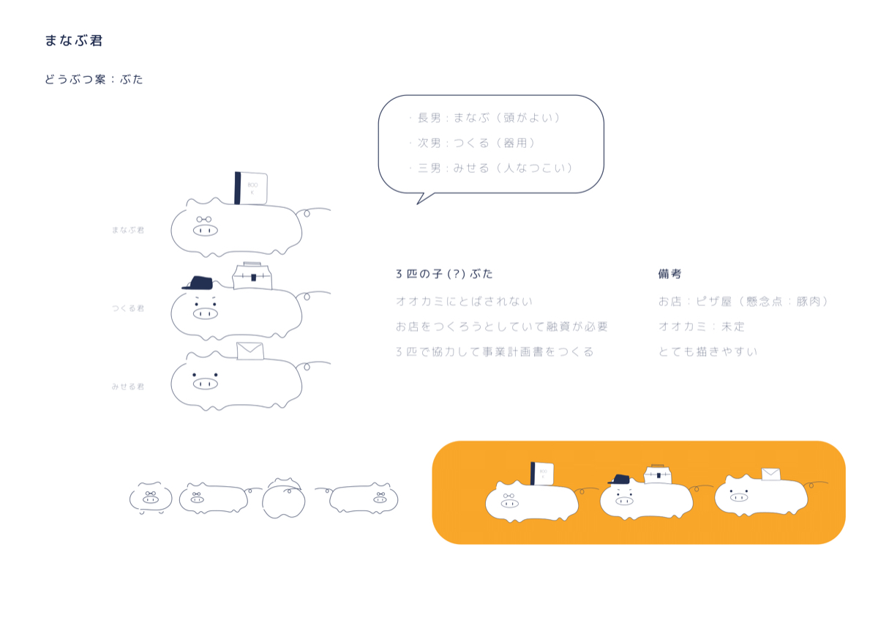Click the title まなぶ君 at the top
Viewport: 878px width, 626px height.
[x=74, y=40]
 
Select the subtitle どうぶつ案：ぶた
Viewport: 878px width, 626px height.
[x=94, y=79]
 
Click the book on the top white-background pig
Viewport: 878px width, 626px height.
[x=251, y=188]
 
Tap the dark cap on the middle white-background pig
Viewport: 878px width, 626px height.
[x=198, y=283]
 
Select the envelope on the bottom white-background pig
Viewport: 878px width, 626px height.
[x=250, y=351]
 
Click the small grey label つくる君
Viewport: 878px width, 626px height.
[x=128, y=308]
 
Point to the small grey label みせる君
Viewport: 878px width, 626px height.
[x=128, y=387]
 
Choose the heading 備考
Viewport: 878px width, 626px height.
[x=670, y=274]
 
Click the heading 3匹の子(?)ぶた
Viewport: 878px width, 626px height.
[x=444, y=274]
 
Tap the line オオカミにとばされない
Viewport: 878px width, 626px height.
[x=464, y=301]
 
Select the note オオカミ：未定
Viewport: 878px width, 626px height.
[x=701, y=327]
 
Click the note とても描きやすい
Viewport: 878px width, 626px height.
[x=708, y=351]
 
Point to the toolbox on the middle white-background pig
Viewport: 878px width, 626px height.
[x=252, y=276]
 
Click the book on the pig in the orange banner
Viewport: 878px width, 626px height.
[x=542, y=474]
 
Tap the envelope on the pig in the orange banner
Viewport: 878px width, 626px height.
[x=770, y=474]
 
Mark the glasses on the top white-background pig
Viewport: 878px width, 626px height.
[x=204, y=219]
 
